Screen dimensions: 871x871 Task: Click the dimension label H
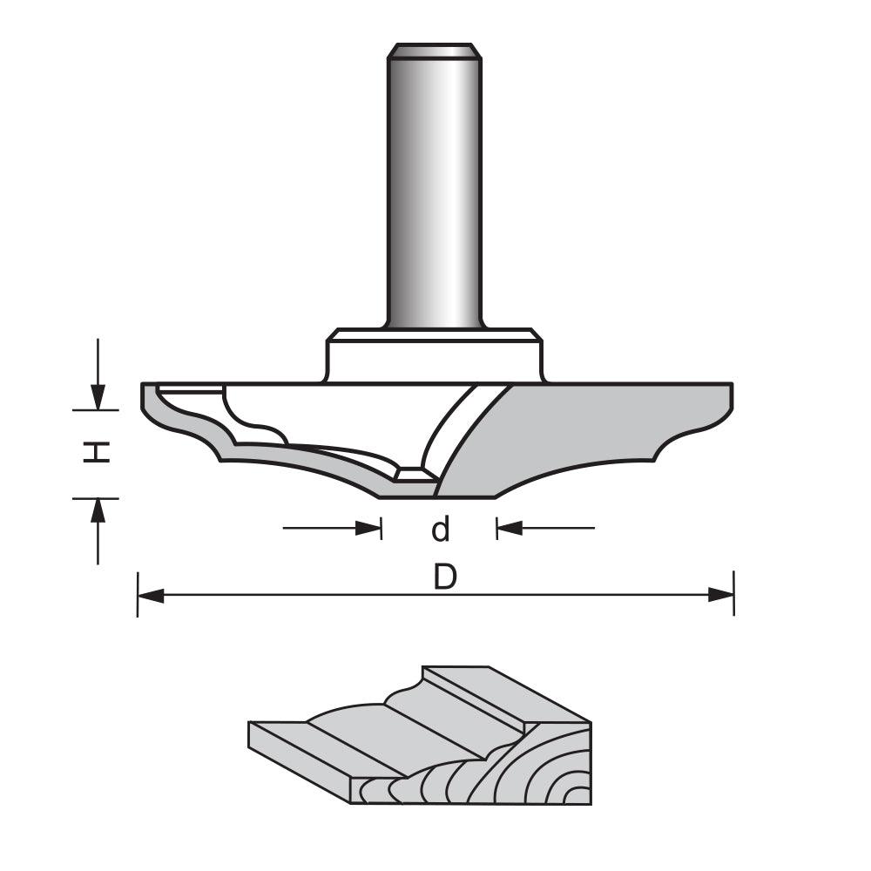(98, 452)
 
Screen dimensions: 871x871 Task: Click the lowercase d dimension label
(441, 529)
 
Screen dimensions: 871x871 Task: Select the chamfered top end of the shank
(434, 51)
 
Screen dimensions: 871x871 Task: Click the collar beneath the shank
(434, 355)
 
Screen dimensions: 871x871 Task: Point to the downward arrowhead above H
(98, 396)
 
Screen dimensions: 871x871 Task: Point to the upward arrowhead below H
(98, 510)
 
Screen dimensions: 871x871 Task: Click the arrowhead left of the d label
(369, 528)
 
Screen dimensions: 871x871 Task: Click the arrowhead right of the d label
(509, 528)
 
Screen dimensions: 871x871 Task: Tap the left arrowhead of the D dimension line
(151, 596)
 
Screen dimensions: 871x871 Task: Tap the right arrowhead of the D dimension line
(720, 596)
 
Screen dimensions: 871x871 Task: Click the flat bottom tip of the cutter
(435, 493)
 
